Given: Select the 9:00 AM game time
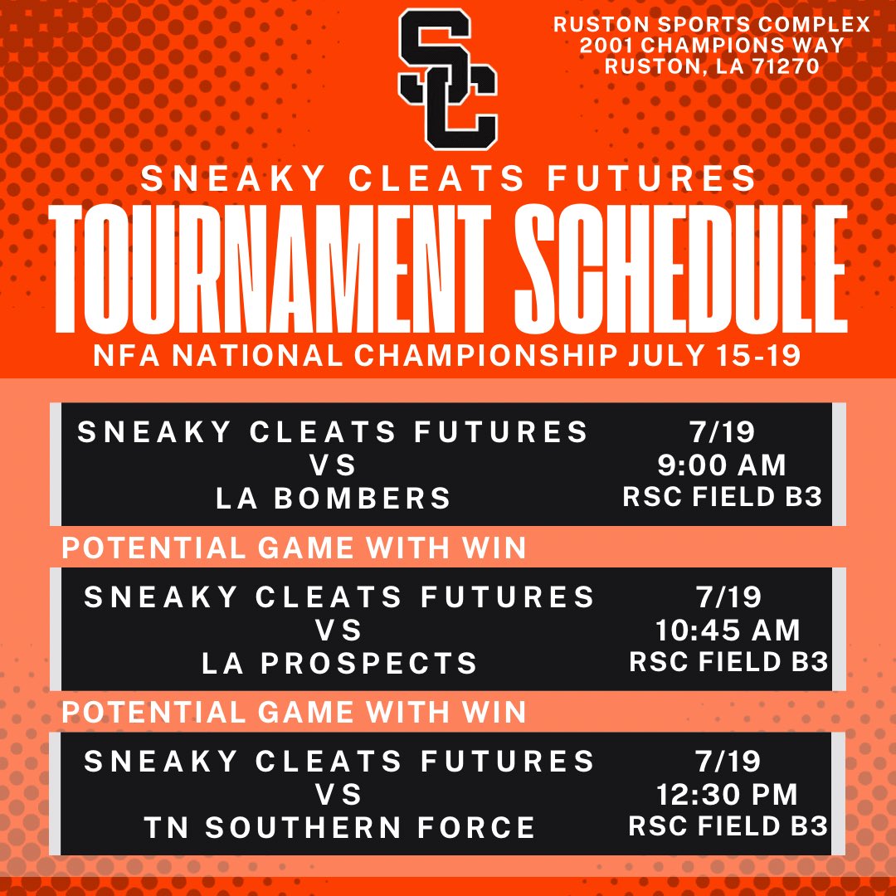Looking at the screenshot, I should click(x=721, y=465).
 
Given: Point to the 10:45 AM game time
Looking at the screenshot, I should click(x=728, y=630).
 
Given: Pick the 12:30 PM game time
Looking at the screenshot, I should click(x=727, y=794).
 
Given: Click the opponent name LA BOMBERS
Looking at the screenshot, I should click(x=334, y=498).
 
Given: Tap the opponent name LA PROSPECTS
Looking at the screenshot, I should click(x=340, y=662).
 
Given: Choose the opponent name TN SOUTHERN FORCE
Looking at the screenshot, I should click(x=340, y=827).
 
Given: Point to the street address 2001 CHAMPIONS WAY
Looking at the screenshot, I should click(x=712, y=46).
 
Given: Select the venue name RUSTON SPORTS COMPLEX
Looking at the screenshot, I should click(x=712, y=24).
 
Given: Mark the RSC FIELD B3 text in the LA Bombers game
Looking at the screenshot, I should click(x=723, y=496).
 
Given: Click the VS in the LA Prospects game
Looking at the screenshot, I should click(x=339, y=630).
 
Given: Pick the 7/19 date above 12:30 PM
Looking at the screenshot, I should click(x=727, y=761).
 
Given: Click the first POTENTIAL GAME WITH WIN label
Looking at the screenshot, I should click(x=295, y=548).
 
